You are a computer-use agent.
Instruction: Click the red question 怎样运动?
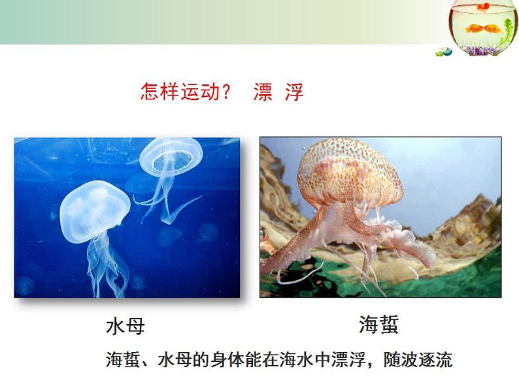(x=185, y=92)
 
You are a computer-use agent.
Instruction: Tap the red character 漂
(x=263, y=92)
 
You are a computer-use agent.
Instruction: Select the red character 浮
(x=294, y=92)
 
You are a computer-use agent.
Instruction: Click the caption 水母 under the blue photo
(x=126, y=326)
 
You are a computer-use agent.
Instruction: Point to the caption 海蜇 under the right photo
(x=378, y=324)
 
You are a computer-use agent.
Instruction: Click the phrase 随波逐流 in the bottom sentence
(x=418, y=359)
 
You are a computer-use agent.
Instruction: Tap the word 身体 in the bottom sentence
(x=227, y=359)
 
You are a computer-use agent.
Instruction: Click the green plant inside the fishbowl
(x=506, y=31)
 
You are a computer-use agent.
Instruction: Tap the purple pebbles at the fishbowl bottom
(x=480, y=50)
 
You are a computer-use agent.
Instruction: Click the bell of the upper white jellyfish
(x=171, y=157)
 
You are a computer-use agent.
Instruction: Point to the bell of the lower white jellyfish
(x=95, y=211)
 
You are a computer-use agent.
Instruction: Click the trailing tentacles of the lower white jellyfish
(x=106, y=265)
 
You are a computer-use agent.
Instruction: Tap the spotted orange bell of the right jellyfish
(x=350, y=172)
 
